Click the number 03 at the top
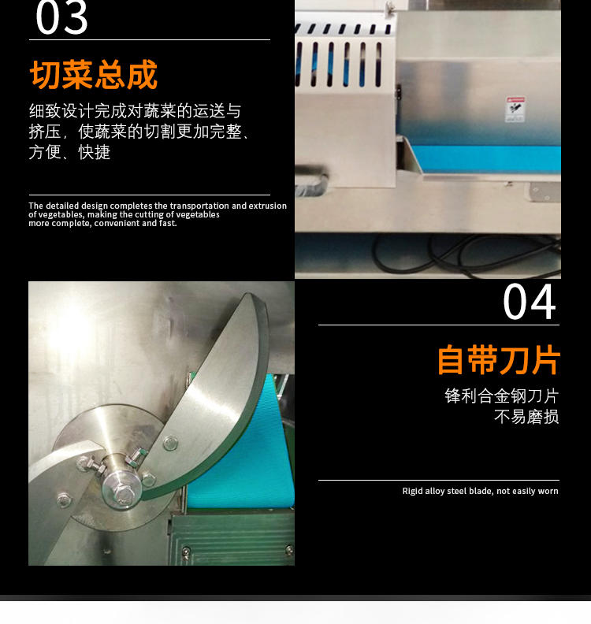[x=61, y=17]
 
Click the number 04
[x=530, y=301]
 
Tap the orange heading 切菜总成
[x=94, y=75]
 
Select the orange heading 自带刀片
[x=499, y=360]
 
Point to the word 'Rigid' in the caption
[x=412, y=491]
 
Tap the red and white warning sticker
[x=515, y=109]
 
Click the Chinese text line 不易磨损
[x=526, y=417]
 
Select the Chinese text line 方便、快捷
[x=69, y=152]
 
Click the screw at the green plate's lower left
[x=186, y=552]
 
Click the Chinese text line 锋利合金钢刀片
[x=501, y=396]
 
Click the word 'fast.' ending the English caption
[x=168, y=223]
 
